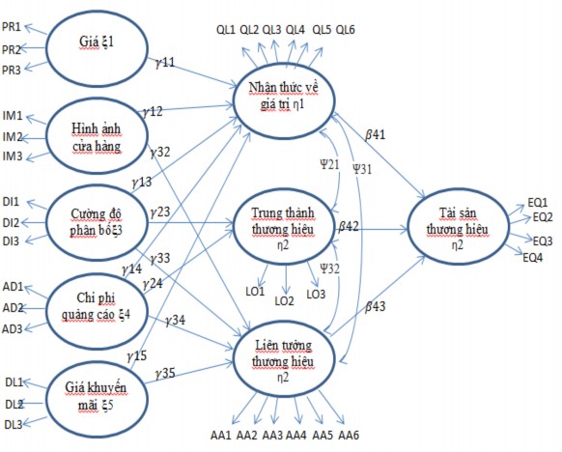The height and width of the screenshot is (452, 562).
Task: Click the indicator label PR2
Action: pyautogui.click(x=12, y=47)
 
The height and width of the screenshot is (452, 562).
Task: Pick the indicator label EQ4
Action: pyautogui.click(x=532, y=257)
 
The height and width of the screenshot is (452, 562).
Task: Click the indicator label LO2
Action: pyautogui.click(x=284, y=300)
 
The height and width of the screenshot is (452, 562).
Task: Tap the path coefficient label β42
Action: pyautogui.click(x=349, y=224)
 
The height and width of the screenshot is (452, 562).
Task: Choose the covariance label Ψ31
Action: pyautogui.click(x=363, y=167)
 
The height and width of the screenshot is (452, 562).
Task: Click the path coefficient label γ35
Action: pyautogui.click(x=164, y=372)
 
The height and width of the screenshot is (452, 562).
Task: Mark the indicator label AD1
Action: pyautogui.click(x=13, y=288)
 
